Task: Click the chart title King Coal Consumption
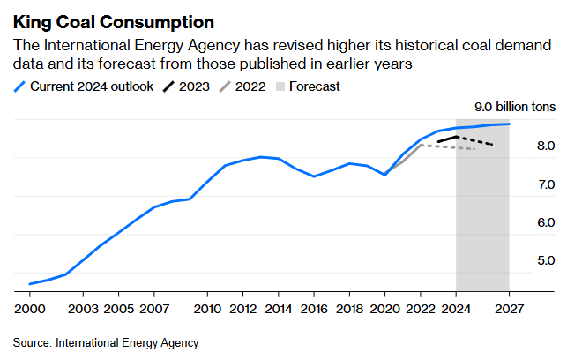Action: coord(114,19)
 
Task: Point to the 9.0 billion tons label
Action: coord(516,107)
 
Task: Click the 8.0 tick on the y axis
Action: coord(521,146)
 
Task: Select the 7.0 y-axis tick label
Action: coord(521,184)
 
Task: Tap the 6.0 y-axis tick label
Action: coord(521,222)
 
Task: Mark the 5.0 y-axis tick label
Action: coord(521,260)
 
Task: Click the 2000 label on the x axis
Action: coord(29,310)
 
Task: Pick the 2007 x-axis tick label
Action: coord(154,310)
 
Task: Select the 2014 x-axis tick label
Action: coord(279,310)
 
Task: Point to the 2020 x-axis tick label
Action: coord(385,310)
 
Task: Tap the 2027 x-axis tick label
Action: coord(510,310)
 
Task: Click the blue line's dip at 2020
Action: coord(385,175)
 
